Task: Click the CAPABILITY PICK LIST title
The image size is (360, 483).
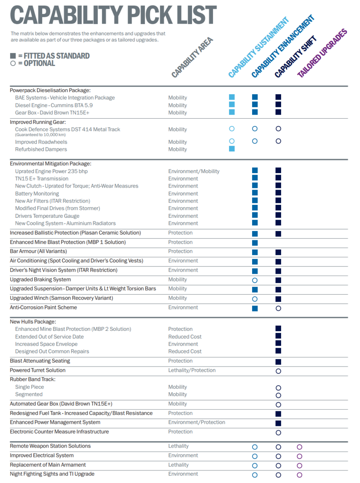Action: point(113,16)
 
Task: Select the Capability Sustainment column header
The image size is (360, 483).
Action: point(258,48)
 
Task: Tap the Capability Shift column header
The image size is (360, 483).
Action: point(296,57)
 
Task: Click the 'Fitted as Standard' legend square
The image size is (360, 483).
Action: point(13,56)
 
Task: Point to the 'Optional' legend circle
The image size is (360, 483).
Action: point(13,63)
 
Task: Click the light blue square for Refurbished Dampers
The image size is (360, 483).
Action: point(232,149)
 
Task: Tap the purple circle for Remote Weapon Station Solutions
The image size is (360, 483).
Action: point(299,447)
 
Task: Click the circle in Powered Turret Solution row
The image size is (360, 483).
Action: point(278,371)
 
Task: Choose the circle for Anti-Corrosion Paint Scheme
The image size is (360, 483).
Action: point(278,308)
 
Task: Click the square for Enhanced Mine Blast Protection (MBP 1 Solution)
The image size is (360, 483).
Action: point(254,243)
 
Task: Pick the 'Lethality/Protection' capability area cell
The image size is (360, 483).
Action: point(192,370)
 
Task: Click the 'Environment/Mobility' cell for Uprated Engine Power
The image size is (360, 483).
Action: point(194,171)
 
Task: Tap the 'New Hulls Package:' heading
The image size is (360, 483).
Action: point(33,322)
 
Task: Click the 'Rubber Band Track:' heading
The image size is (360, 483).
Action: point(33,379)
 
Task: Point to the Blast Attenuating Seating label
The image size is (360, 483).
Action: point(40,361)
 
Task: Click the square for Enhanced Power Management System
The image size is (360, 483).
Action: point(278,423)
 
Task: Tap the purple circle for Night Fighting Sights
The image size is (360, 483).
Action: point(299,475)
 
